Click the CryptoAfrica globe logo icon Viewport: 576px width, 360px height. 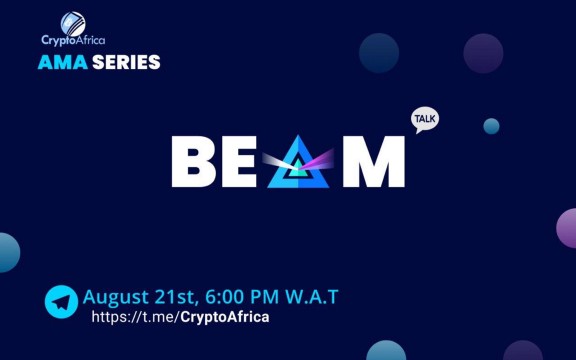tap(73, 22)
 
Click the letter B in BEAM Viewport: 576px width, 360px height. tap(194, 162)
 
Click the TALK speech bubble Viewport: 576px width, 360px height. tap(425, 120)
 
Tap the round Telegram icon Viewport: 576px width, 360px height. tap(61, 302)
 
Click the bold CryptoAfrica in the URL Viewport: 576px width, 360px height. tap(224, 317)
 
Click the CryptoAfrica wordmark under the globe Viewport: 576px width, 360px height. tap(73, 41)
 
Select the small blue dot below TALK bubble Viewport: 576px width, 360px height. tap(491, 126)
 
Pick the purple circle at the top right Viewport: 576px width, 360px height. tap(483, 53)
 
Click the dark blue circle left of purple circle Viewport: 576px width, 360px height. tap(379, 52)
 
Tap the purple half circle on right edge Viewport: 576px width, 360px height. tap(567, 228)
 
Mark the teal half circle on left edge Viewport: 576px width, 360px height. tap(8, 252)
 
